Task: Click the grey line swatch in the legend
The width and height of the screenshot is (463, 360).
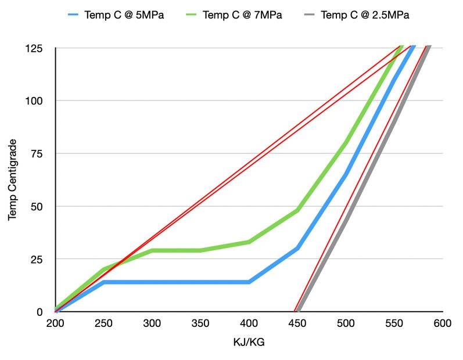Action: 313,15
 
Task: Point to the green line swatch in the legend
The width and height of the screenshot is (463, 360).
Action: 190,15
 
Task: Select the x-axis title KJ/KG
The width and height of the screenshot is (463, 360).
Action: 249,343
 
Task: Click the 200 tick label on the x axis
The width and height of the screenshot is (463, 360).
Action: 56,323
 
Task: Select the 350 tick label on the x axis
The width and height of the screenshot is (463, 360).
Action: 200,323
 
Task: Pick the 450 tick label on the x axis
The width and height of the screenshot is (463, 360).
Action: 297,323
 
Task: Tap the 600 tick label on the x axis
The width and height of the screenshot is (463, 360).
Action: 442,323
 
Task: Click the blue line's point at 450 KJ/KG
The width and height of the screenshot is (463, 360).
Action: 297,249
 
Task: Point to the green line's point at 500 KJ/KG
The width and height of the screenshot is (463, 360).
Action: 346,143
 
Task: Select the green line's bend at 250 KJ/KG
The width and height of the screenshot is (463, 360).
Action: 104,269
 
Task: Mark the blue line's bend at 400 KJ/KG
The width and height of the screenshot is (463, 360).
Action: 249,282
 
